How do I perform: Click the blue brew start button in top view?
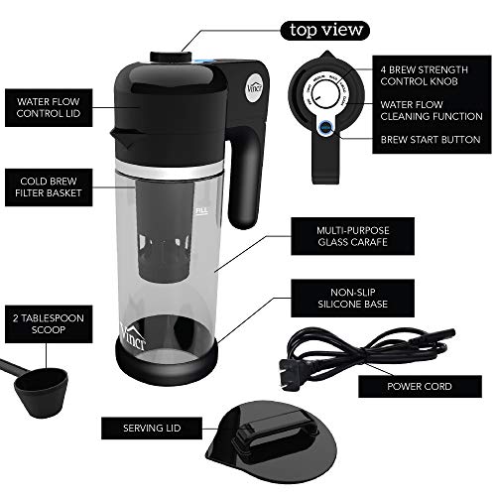pos(324,126)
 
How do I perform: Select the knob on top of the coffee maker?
pos(164,60)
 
